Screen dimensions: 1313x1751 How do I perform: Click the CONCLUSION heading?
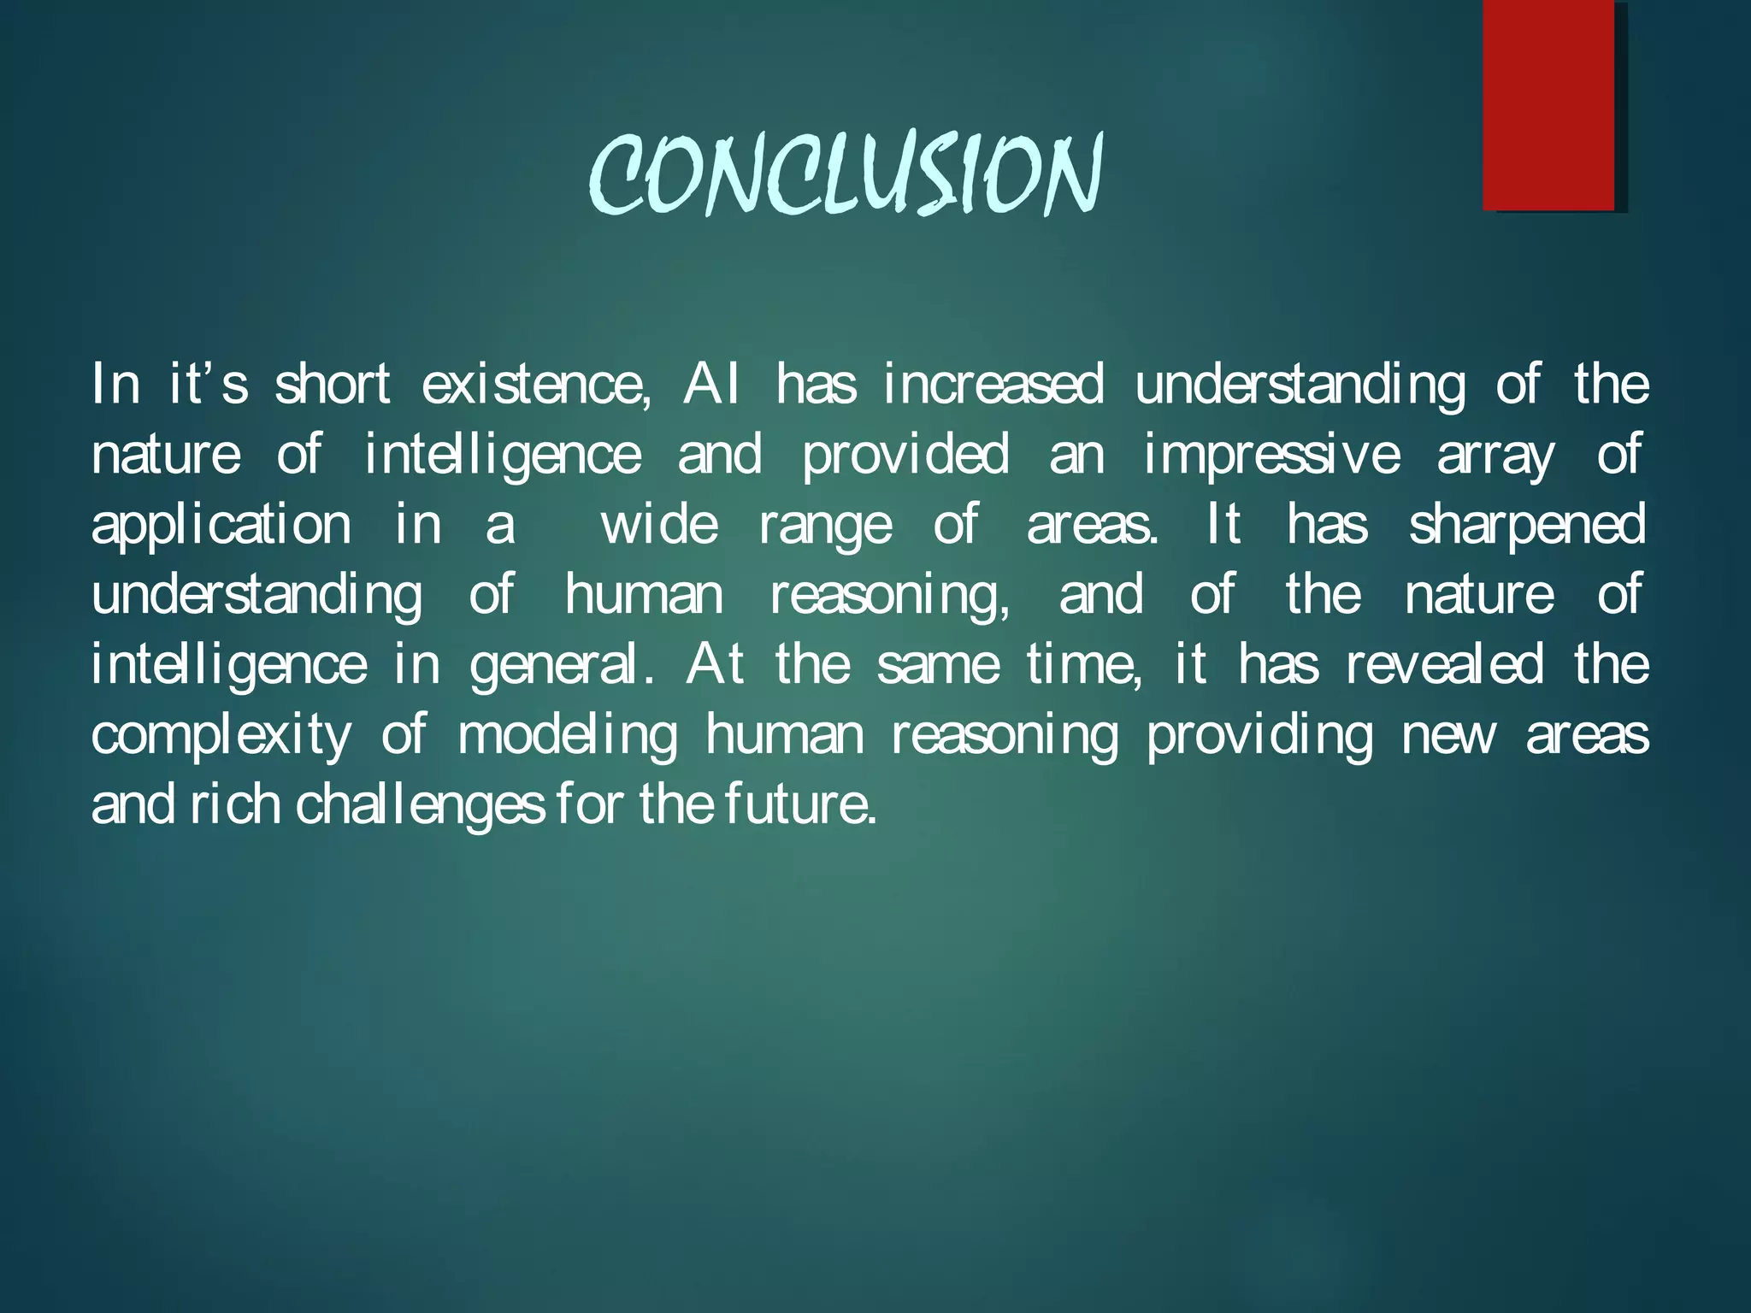tap(846, 175)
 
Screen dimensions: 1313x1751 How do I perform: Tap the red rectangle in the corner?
tap(1548, 105)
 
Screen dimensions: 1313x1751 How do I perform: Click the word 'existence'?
tap(534, 384)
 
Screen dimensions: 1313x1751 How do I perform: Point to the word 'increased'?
tap(993, 384)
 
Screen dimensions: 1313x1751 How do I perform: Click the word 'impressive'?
tap(1272, 454)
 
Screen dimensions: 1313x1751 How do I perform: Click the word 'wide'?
tap(659, 524)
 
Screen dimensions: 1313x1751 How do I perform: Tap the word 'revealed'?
tap(1446, 664)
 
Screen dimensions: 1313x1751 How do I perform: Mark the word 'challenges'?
tap(420, 806)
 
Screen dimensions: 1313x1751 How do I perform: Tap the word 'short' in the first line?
tap(333, 384)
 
